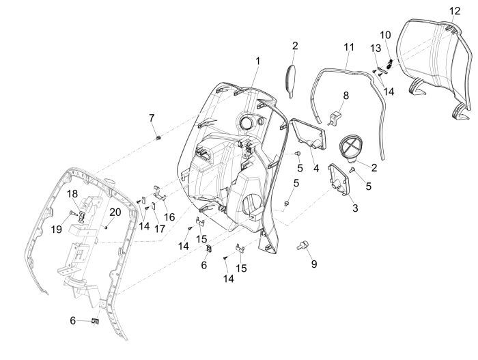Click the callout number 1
tap(257, 61)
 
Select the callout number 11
tap(349, 47)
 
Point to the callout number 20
tap(115, 212)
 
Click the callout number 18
tap(72, 195)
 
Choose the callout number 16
tap(169, 216)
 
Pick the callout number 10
tap(385, 34)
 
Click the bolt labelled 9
tap(300, 245)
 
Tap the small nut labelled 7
tap(158, 139)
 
